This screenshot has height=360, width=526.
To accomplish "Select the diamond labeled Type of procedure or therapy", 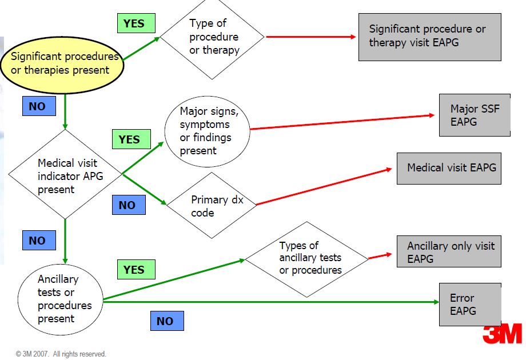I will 212,37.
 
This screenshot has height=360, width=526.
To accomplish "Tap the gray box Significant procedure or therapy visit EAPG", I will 429,36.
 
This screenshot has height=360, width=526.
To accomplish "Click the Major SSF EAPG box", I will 474,115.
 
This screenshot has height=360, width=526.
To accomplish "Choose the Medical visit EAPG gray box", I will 449,168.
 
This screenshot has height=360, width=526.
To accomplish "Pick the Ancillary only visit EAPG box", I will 449,251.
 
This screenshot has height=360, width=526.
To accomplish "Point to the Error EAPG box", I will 469,305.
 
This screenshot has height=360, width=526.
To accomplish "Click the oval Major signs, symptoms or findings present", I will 207,131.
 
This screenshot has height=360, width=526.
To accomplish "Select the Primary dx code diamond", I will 211,206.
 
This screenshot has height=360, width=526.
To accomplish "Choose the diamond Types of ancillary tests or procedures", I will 307,258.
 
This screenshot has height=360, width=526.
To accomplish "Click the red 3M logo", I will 502,334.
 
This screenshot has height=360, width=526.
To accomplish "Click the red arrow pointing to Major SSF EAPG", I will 343,122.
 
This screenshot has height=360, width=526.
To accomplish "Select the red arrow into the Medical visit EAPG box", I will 326,186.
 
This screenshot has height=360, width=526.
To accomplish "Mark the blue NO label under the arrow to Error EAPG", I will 165,321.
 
